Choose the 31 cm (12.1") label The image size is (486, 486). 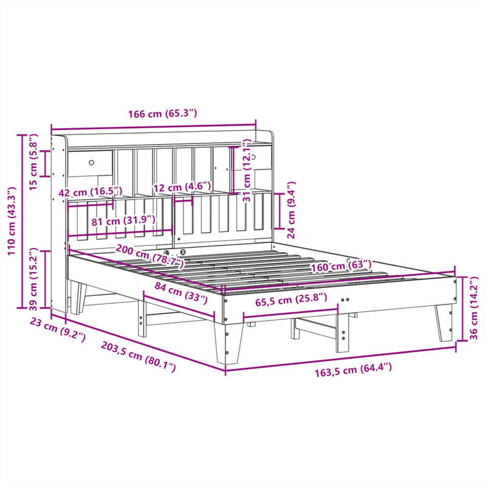(247, 172)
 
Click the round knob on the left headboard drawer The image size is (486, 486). (92, 162)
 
